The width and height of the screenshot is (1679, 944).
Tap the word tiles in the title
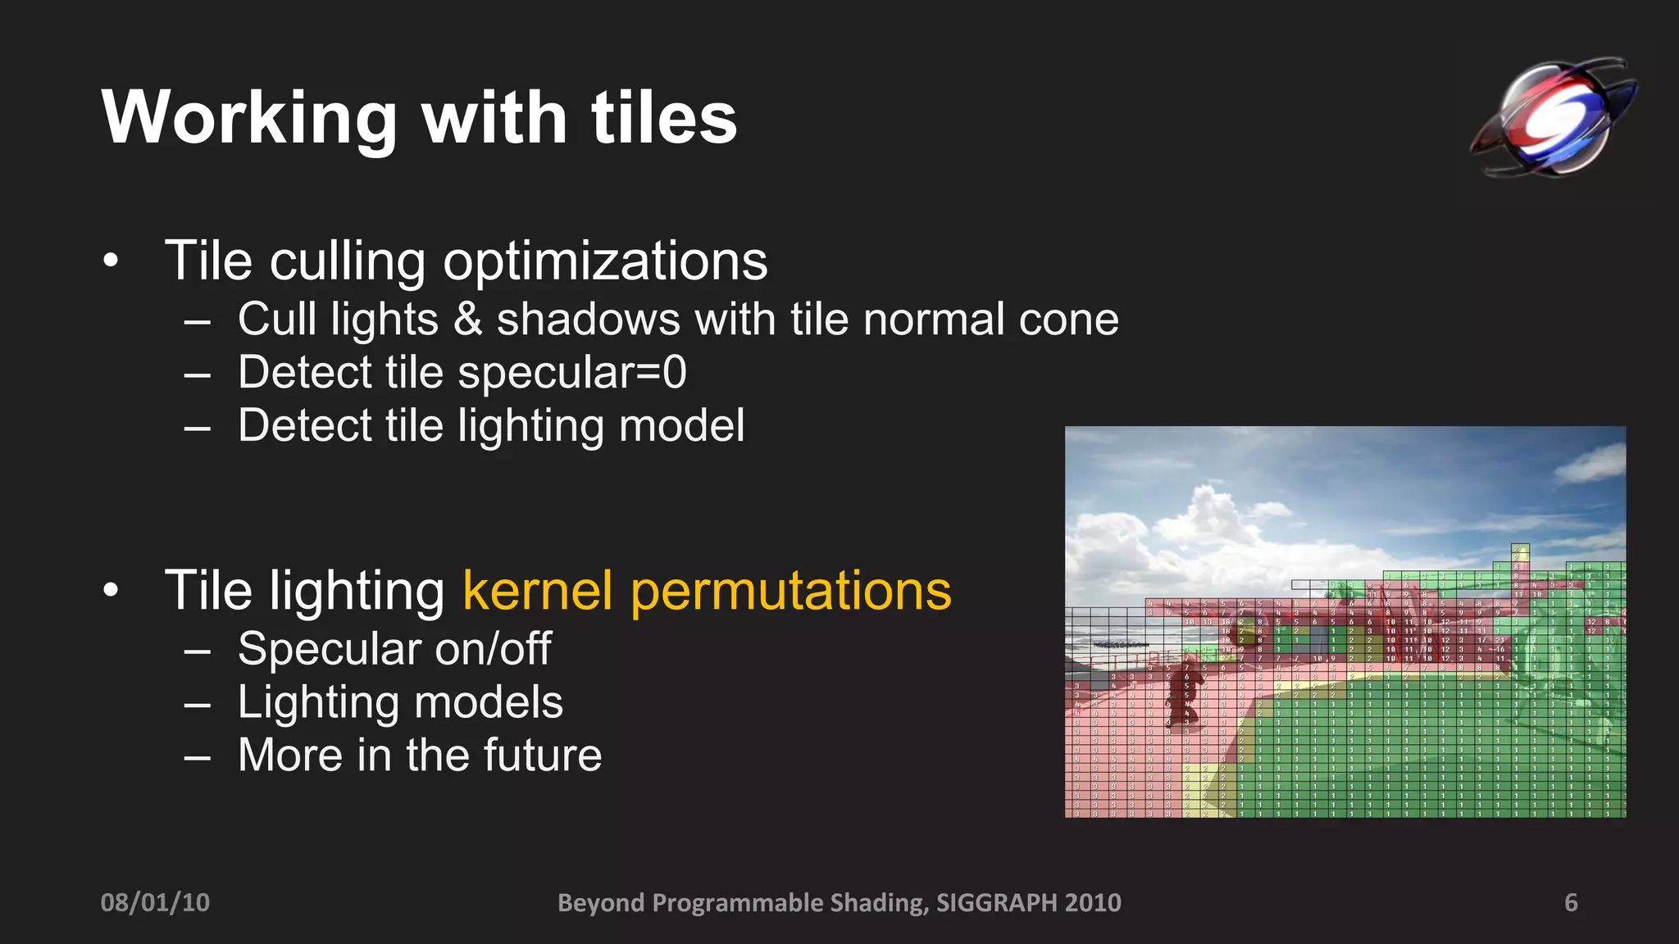click(663, 119)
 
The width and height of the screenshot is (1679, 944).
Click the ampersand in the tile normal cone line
click(467, 320)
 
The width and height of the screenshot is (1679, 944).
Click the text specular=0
click(571, 373)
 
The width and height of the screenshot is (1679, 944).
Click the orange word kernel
click(537, 591)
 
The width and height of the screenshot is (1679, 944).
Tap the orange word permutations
click(790, 591)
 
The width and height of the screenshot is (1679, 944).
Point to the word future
click(542, 756)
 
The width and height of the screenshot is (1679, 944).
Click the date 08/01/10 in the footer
click(155, 902)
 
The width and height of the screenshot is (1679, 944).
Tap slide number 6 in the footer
click(1571, 902)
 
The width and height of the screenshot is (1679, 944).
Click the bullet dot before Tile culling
click(111, 262)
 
